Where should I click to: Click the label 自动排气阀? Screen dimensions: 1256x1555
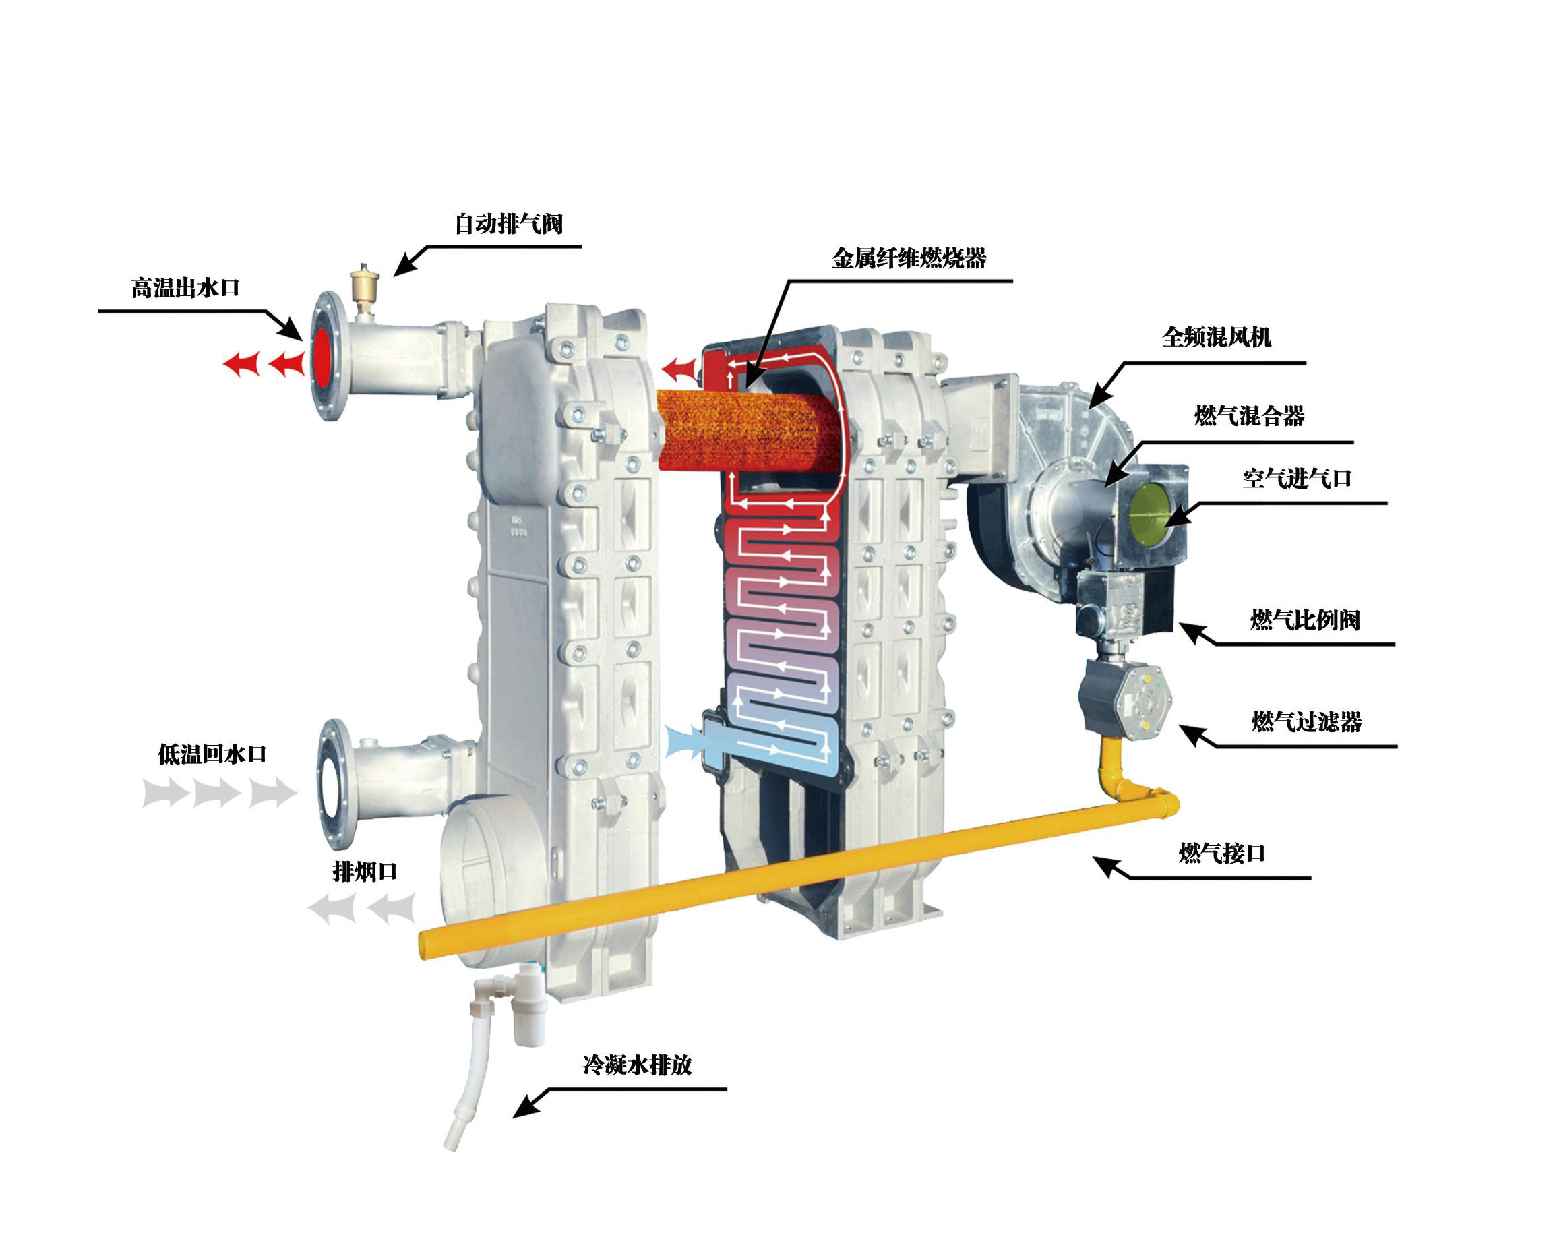pyautogui.click(x=508, y=225)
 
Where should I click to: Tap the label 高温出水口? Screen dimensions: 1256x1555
pyautogui.click(x=185, y=288)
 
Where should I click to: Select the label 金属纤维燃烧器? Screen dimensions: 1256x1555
pyautogui.click(x=909, y=258)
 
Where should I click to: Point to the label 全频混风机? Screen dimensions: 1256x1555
pyautogui.click(x=1217, y=337)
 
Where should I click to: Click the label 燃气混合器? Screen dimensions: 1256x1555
pyautogui.click(x=1249, y=416)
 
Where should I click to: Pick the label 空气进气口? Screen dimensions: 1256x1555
pyautogui.click(x=1297, y=478)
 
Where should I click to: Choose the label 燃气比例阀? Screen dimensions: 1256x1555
pyautogui.click(x=1305, y=620)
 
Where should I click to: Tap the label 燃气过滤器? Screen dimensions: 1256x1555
pyautogui.click(x=1306, y=721)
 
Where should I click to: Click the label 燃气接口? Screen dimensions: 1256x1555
pyautogui.click(x=1221, y=853)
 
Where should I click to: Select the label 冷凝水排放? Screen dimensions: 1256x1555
pyautogui.click(x=637, y=1065)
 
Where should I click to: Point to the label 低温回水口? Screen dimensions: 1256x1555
pyautogui.click(x=212, y=754)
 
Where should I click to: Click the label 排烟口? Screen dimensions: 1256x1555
pyautogui.click(x=365, y=871)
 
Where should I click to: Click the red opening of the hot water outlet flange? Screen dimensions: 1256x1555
pyautogui.click(x=322, y=358)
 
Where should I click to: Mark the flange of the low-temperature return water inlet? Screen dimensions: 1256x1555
pyautogui.click(x=336, y=783)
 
